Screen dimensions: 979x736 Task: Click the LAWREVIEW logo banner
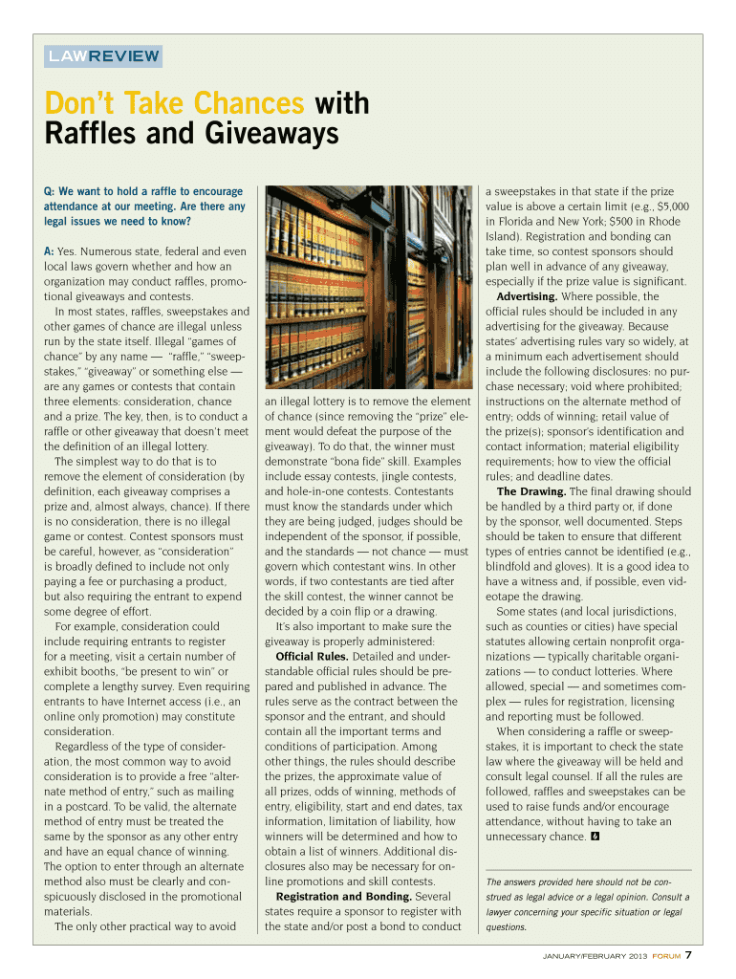(104, 55)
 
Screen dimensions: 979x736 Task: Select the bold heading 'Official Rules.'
(313, 657)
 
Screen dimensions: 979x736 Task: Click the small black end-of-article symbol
(595, 838)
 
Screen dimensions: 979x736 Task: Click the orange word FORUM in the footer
(666, 957)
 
